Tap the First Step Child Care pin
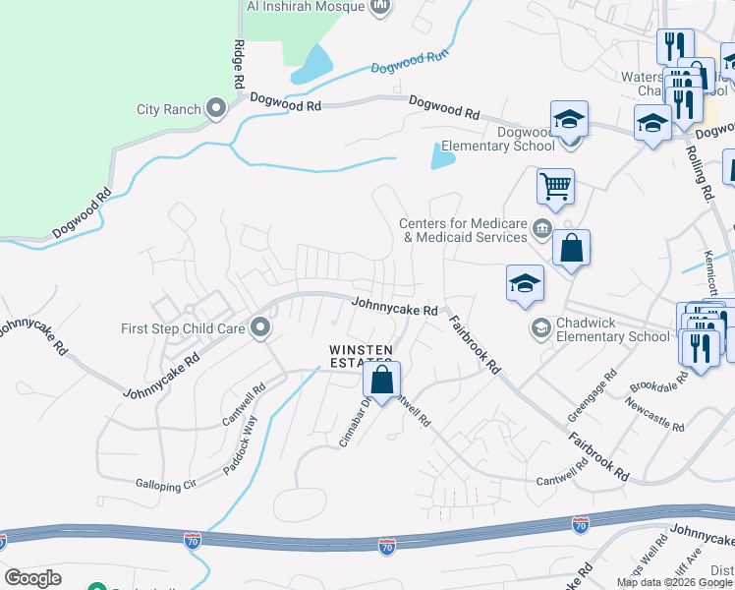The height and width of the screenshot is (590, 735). tap(260, 327)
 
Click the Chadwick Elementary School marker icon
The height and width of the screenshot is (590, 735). tap(539, 327)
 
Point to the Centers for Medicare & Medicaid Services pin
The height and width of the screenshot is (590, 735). tap(541, 230)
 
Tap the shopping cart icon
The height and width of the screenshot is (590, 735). tap(555, 187)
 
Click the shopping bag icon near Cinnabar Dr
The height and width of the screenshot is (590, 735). tap(382, 379)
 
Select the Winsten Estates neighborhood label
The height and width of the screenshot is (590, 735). tap(362, 357)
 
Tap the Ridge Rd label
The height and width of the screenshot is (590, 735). tap(240, 65)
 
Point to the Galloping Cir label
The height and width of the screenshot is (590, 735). tap(166, 484)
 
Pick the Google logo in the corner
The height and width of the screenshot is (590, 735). tap(32, 578)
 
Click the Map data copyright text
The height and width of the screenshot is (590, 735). tap(674, 582)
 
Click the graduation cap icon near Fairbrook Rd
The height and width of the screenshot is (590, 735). tap(525, 283)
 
